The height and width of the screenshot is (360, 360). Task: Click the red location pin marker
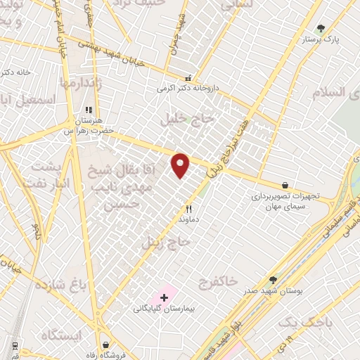(181, 165)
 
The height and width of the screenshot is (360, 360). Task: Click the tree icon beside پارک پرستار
(321, 29)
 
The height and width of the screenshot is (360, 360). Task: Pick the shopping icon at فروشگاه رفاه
(105, 345)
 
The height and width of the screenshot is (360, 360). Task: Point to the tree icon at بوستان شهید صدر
(273, 279)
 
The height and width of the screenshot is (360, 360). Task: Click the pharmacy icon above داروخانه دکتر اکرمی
(188, 79)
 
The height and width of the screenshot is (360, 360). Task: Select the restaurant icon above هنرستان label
(88, 110)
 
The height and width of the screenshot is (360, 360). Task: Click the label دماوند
(188, 219)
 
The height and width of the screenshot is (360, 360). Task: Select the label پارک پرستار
(321, 40)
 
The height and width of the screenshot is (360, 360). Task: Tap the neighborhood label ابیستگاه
(61, 333)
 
